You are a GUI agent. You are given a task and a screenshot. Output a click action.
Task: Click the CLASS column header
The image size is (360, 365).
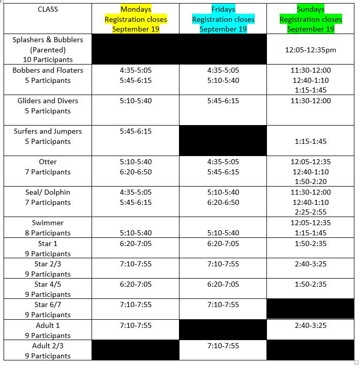(48, 9)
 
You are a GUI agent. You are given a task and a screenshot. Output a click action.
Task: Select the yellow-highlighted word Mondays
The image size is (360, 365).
(136, 9)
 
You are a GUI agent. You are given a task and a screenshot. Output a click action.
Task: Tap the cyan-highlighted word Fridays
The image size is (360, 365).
(223, 9)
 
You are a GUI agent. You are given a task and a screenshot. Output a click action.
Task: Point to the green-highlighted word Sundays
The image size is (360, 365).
(311, 9)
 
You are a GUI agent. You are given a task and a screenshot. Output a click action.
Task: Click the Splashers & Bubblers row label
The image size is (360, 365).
(48, 40)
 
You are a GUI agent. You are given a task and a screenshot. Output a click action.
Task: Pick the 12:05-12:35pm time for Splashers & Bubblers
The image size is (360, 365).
(311, 50)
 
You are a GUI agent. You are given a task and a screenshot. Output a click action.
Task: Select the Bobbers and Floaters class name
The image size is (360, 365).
(48, 70)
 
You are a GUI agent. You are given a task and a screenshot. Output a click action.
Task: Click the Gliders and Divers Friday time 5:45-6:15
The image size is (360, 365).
(223, 101)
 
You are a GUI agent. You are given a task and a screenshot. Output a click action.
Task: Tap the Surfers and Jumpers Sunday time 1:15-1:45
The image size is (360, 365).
(311, 141)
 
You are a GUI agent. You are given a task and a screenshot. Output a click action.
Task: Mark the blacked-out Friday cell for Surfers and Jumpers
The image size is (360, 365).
(223, 141)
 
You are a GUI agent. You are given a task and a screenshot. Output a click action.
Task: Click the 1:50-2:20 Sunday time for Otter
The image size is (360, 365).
(311, 181)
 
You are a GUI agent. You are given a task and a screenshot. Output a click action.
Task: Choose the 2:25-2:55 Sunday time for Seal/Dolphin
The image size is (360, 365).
(311, 212)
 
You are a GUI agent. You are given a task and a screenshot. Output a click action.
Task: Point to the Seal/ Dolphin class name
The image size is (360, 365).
(48, 192)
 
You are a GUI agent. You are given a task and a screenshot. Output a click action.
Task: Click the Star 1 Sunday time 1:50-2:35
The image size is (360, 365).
(311, 244)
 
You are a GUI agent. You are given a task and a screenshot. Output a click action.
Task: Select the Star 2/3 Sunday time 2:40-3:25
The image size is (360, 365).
(311, 264)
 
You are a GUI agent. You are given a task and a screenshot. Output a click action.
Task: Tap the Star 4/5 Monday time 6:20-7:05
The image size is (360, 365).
(136, 284)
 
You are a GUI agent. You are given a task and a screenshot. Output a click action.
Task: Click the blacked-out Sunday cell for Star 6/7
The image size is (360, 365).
(311, 309)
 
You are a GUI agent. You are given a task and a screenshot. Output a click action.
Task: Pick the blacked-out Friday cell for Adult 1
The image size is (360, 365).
(223, 329)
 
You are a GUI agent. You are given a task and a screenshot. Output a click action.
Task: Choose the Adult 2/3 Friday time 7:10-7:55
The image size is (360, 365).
(223, 346)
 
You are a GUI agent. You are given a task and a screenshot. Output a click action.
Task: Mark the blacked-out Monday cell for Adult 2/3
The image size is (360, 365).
(136, 351)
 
